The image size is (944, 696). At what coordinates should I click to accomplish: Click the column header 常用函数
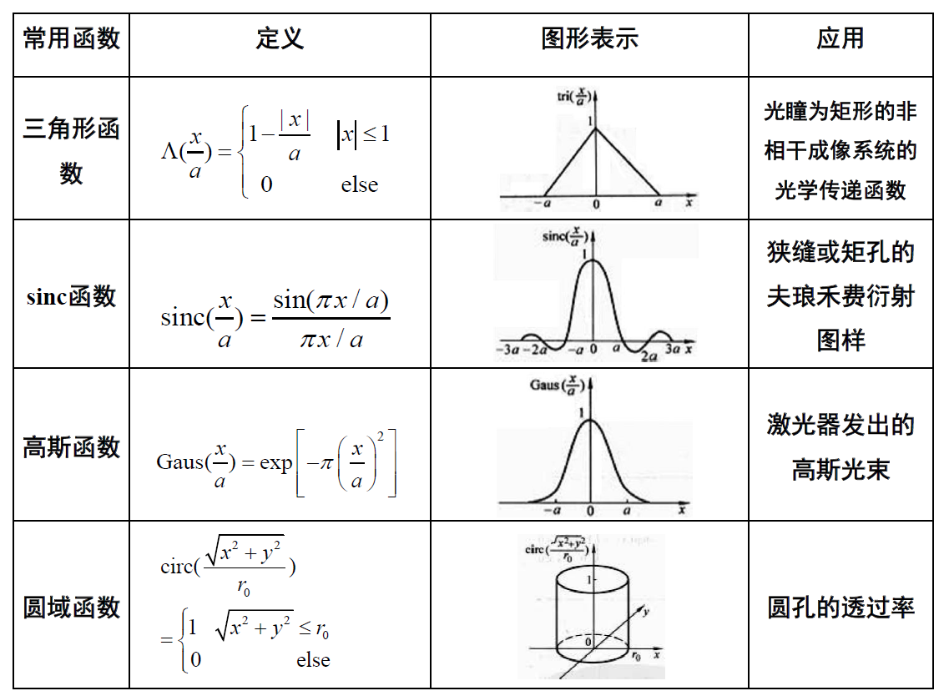tap(72, 38)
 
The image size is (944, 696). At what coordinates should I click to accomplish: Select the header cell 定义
tap(280, 38)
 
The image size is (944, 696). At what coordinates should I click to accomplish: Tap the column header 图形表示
tap(589, 38)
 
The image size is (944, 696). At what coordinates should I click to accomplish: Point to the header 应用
tap(840, 38)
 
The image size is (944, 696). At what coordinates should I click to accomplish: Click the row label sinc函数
tap(72, 296)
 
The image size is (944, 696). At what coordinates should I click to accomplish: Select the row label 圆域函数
tap(72, 607)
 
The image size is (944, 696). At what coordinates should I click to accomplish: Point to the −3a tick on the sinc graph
tap(508, 349)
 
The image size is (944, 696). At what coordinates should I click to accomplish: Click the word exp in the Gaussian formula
tap(275, 461)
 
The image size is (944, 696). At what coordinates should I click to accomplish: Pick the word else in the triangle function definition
tap(359, 184)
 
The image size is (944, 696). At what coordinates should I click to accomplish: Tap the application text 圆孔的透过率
tap(840, 607)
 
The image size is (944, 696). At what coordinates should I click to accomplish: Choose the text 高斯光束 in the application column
tap(840, 469)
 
